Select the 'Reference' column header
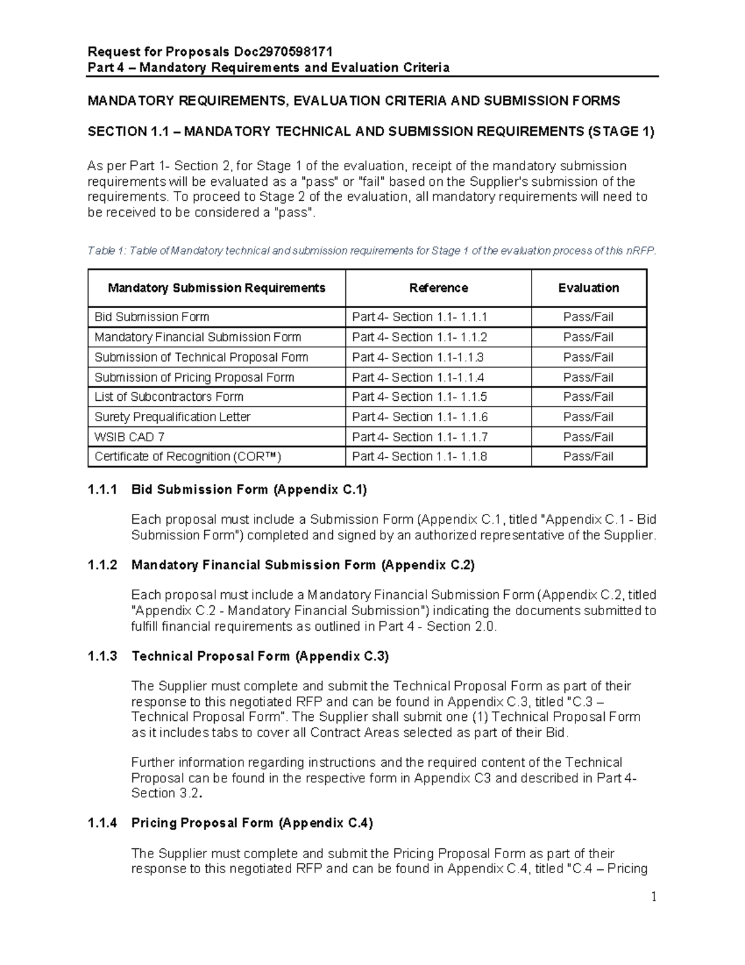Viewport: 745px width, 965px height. pos(438,288)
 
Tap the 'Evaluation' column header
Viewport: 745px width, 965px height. pos(589,288)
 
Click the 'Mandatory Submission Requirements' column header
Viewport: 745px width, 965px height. pos(217,288)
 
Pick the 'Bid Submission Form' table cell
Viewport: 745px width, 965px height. pos(151,317)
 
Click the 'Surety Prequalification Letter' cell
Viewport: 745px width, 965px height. pos(173,417)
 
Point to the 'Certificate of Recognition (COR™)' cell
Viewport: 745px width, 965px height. pos(187,457)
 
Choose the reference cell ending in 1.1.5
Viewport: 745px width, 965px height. pos(419,397)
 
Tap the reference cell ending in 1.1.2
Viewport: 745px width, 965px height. pos(419,337)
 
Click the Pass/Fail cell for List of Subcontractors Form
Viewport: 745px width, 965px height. pos(588,397)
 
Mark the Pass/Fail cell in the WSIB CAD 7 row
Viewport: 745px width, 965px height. pos(588,437)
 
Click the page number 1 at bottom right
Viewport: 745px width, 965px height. pos(653,897)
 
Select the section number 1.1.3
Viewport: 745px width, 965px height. pos(102,656)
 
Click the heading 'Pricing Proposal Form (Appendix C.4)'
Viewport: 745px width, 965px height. pos(252,823)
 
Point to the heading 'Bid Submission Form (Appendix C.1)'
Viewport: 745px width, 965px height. pos(249,490)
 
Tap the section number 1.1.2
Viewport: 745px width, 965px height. pos(102,565)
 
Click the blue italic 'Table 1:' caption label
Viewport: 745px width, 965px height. pos(106,251)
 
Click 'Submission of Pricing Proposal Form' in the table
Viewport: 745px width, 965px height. pos(194,377)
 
